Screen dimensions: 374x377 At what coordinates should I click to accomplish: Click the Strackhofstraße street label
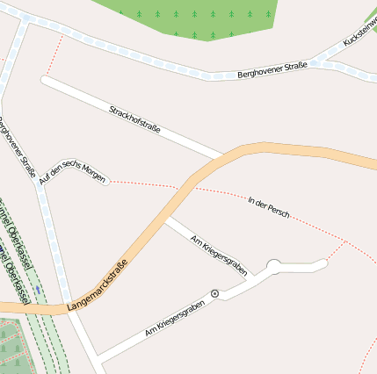tap(134, 118)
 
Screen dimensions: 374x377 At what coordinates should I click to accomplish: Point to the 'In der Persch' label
tap(269, 207)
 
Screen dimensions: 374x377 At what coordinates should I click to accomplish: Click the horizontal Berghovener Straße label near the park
tap(272, 70)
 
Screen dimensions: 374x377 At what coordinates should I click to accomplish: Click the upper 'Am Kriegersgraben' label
tap(219, 252)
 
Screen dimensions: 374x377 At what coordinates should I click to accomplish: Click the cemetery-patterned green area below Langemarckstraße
tap(11, 347)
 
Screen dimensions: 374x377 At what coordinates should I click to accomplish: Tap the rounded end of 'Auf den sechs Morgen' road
tap(105, 181)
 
